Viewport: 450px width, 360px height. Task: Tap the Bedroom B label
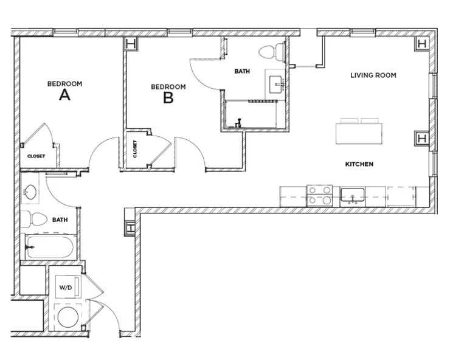(168, 92)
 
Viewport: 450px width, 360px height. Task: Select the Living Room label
(373, 75)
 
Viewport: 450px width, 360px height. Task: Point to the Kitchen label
(359, 164)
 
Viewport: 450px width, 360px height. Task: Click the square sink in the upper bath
(277, 83)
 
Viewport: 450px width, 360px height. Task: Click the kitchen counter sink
(352, 196)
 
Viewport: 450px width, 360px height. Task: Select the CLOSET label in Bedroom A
(36, 156)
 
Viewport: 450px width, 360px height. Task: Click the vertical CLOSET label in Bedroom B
(135, 149)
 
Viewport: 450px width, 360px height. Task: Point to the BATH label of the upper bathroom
(242, 71)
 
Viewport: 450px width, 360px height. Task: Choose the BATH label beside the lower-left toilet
(60, 220)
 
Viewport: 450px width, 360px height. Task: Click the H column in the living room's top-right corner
(421, 44)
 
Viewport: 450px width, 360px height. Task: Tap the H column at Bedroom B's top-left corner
(130, 44)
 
